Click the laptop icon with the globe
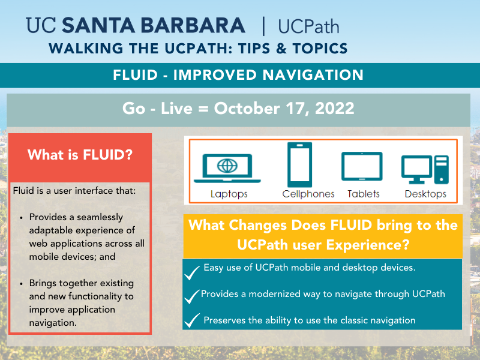(x=227, y=168)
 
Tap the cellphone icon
(x=299, y=164)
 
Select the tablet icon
(x=362, y=166)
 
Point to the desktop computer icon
(x=425, y=169)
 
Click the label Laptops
(x=229, y=194)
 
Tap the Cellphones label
(x=308, y=194)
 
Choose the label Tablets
(x=364, y=194)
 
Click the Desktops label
(x=425, y=194)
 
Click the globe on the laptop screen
(x=227, y=166)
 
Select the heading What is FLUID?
(x=80, y=155)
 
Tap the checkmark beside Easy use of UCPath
(x=192, y=272)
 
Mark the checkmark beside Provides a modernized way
(x=192, y=296)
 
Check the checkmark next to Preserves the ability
(x=192, y=320)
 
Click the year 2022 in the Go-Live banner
(x=335, y=109)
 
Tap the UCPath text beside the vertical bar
(x=308, y=26)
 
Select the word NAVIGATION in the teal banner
(x=313, y=75)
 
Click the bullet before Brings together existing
(x=21, y=283)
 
